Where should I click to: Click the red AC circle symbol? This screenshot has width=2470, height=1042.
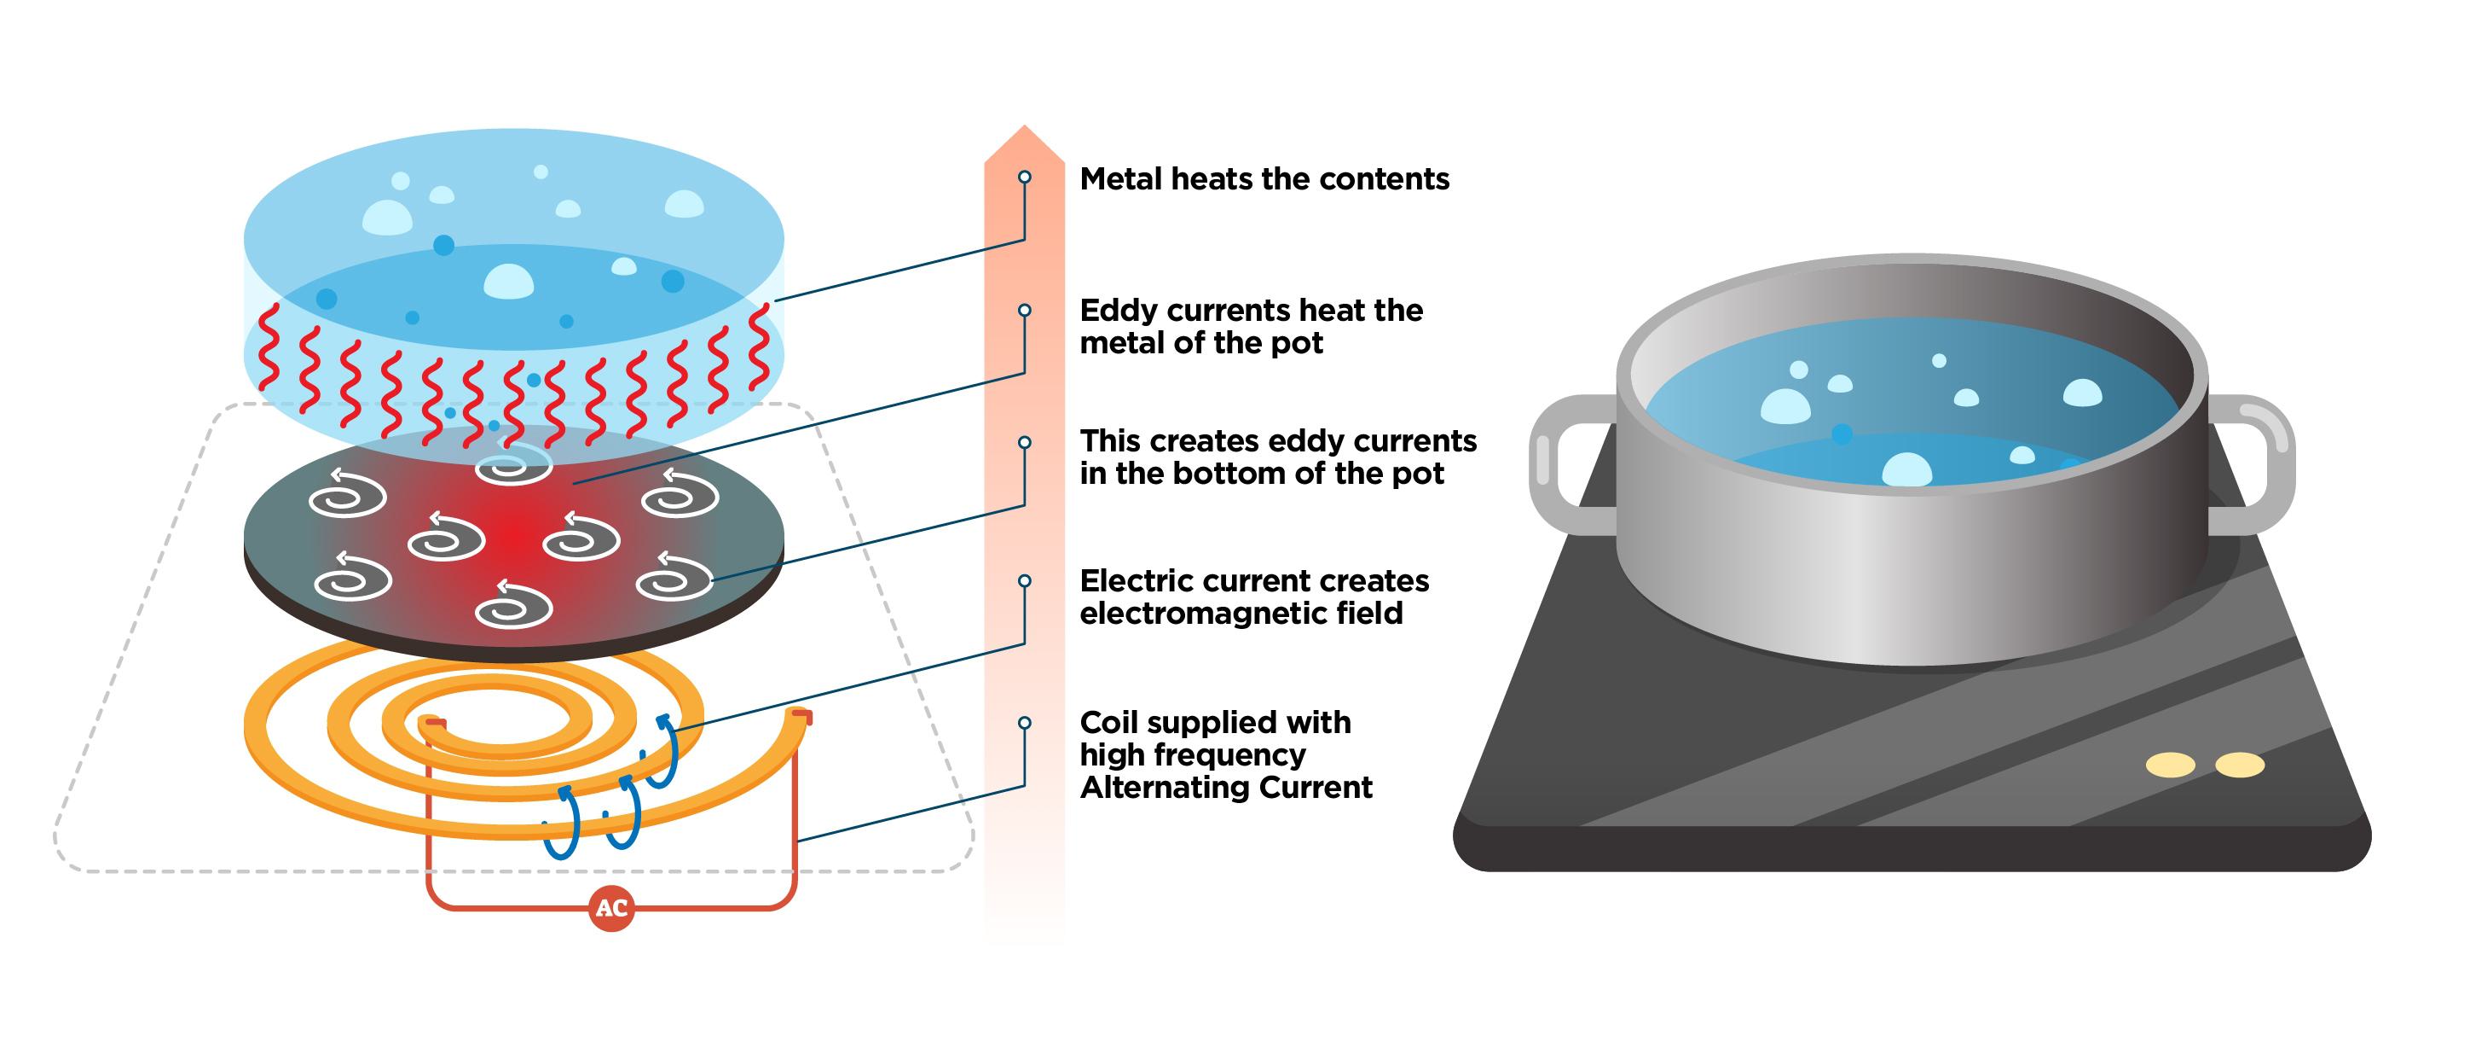[612, 908]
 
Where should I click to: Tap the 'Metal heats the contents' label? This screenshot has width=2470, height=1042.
[1264, 179]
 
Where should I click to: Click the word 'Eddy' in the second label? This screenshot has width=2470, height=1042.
[1116, 311]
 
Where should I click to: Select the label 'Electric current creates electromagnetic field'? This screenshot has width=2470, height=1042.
[1253, 597]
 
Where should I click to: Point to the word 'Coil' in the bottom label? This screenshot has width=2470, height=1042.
[1108, 723]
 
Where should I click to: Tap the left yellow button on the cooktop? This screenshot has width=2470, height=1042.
[2170, 765]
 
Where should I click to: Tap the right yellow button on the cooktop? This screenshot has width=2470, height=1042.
[2239, 765]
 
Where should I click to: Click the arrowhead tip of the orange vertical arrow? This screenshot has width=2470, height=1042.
[1024, 131]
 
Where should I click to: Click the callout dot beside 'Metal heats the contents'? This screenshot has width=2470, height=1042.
[1024, 177]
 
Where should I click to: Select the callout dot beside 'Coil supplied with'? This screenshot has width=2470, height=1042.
[1024, 723]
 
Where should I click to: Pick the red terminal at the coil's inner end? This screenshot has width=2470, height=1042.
[436, 721]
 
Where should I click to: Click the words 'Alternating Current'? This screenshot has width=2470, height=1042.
[1225, 788]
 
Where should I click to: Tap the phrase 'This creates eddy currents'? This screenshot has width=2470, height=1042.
[1277, 441]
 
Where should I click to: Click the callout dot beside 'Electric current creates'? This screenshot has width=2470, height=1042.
[1024, 580]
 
